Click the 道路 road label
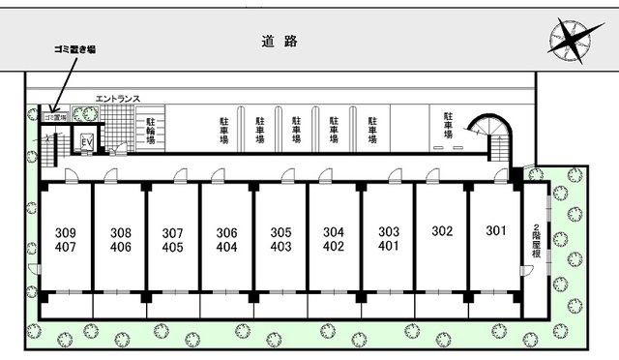280,41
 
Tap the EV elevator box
86,143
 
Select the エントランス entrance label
118,98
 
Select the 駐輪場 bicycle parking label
151,131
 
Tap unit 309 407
66,239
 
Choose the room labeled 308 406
120,239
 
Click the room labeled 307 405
173,239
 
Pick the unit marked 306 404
227,239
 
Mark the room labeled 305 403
280,239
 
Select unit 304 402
334,239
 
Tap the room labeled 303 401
388,239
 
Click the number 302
442,232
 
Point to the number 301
495,232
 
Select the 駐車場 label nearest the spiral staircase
449,124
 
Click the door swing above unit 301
500,175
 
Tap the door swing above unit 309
72,175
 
